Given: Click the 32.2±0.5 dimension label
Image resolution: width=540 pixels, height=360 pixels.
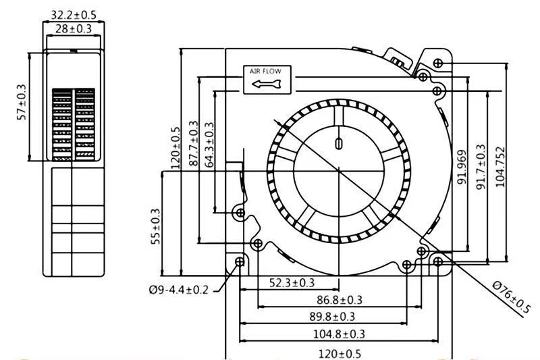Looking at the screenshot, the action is coord(74,15).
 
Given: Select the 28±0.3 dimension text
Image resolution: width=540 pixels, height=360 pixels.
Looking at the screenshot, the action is coord(74,29).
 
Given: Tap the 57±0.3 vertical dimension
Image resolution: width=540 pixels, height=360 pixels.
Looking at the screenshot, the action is coord(22,102).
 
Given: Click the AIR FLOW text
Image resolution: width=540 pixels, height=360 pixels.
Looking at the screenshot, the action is coord(265,72).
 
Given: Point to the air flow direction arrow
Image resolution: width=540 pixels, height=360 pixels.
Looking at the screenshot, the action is coord(267,84).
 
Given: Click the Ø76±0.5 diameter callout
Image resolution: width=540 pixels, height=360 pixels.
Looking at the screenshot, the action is coord(511,297).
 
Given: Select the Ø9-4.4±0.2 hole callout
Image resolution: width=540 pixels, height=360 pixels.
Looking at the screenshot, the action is coord(179,290).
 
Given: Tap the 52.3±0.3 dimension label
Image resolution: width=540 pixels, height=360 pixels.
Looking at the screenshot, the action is coord(292,283).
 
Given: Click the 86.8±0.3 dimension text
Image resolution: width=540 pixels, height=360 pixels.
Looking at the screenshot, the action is coord(340,300).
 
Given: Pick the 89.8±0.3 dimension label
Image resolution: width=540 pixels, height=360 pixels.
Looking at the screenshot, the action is coord(332,317).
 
